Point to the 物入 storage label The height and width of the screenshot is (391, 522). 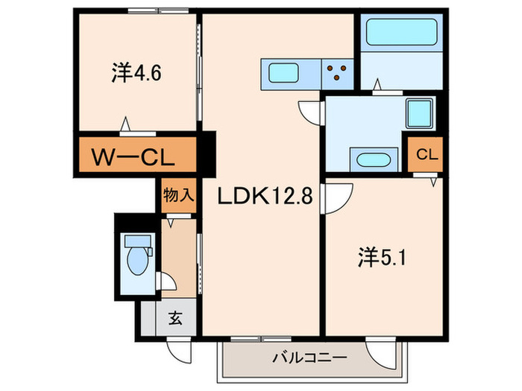[179, 197]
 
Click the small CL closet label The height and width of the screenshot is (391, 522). [426, 155]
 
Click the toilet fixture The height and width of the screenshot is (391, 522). [138, 258]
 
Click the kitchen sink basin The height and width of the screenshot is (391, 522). [283, 73]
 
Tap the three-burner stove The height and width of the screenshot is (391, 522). [339, 73]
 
